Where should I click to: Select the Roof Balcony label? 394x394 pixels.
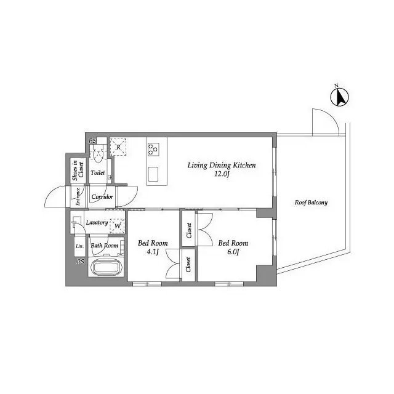point(311,203)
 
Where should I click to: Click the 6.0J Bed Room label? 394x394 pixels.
point(233,247)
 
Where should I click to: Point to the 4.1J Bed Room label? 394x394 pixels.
point(152,247)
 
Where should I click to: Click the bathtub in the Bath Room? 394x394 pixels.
point(108,268)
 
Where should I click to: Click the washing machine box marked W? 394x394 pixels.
point(117,225)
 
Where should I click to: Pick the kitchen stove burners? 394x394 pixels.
point(153,148)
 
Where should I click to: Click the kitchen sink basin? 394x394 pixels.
point(154,172)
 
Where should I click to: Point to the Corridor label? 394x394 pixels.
point(102,196)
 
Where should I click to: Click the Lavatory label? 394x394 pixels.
point(97,222)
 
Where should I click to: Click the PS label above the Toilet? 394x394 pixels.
point(92,141)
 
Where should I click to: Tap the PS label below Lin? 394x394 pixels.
point(80,262)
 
